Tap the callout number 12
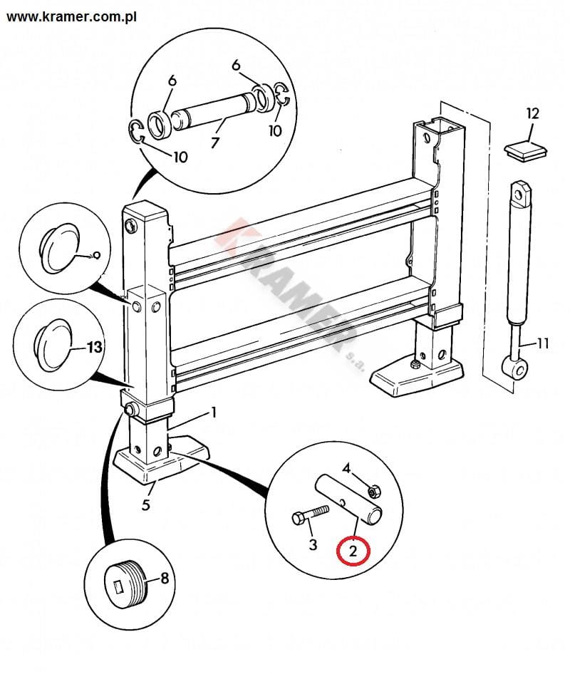(533, 113)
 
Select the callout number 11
(542, 344)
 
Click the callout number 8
(165, 578)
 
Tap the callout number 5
(146, 507)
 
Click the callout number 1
(212, 413)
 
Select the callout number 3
(312, 546)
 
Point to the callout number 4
(347, 468)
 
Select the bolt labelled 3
(309, 515)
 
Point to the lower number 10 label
(180, 156)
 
